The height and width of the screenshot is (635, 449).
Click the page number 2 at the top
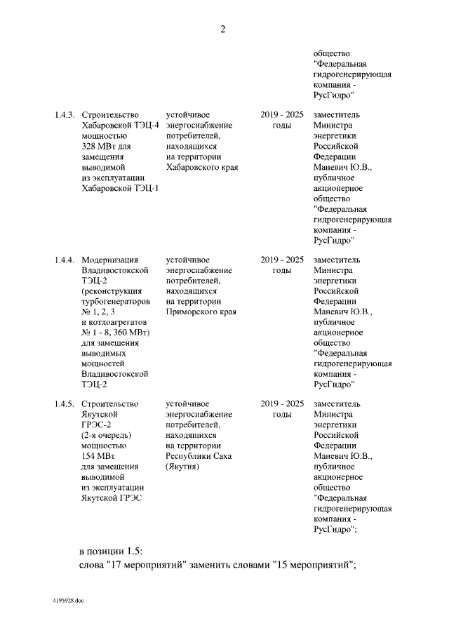pyautogui.click(x=224, y=29)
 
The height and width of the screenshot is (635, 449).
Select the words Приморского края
pyautogui.click(x=201, y=312)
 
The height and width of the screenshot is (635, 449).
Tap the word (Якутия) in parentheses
pyautogui.click(x=182, y=467)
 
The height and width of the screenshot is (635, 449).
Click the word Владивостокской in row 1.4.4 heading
pyautogui.click(x=116, y=270)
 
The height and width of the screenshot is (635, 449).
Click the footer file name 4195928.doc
pyautogui.click(x=68, y=601)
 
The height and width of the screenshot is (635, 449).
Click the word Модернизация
pyautogui.click(x=110, y=260)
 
